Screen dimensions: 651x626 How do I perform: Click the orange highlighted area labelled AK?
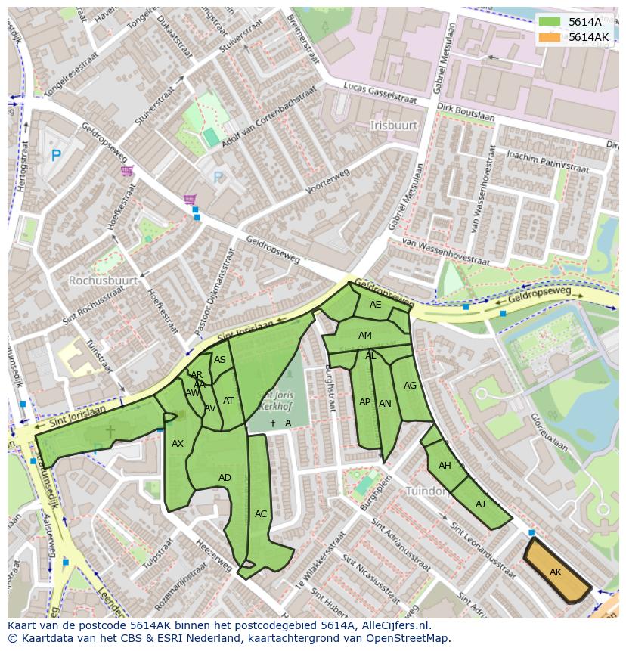[556, 572]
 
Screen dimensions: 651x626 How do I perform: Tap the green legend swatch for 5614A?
[551, 23]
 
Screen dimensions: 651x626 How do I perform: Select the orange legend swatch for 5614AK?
[551, 37]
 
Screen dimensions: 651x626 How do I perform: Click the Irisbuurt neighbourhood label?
[394, 124]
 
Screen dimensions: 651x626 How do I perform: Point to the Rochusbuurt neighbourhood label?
[103, 280]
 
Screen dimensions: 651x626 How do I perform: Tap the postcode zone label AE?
[376, 305]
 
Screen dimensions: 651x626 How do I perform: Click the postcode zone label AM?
[365, 336]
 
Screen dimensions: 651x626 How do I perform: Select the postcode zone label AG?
[410, 385]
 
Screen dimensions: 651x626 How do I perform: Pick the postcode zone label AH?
[445, 466]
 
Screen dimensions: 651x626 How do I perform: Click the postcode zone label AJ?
[480, 504]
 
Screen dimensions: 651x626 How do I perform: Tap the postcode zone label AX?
[178, 444]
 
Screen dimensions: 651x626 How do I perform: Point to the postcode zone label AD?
[225, 478]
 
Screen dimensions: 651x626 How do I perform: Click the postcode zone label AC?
[261, 514]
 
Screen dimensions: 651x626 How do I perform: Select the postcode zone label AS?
[220, 360]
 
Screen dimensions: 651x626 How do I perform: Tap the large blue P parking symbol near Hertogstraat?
[55, 157]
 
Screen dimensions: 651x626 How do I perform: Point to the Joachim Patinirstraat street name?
[547, 161]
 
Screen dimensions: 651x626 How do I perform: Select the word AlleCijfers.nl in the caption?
[394, 625]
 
